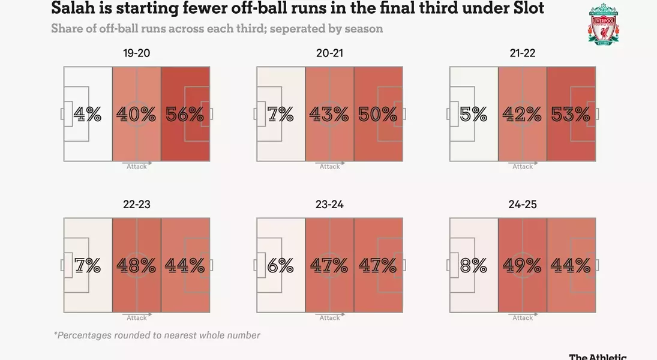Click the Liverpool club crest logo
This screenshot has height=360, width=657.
pyautogui.click(x=604, y=23)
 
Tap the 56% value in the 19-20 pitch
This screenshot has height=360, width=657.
pyautogui.click(x=185, y=114)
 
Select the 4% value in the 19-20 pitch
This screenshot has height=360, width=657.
pyautogui.click(x=88, y=114)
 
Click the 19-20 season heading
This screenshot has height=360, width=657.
pyautogui.click(x=136, y=53)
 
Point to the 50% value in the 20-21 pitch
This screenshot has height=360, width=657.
pyautogui.click(x=378, y=114)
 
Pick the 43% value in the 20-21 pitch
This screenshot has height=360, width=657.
pyautogui.click(x=329, y=114)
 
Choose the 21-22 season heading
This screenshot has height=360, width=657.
pyautogui.click(x=523, y=53)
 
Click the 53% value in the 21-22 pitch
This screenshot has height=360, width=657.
pyautogui.click(x=571, y=114)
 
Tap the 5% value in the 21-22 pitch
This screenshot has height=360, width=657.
pyautogui.click(x=474, y=114)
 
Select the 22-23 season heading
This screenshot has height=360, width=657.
pyautogui.click(x=136, y=205)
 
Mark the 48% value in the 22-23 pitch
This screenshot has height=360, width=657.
pyautogui.click(x=136, y=265)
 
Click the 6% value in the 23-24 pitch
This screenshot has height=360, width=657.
pyautogui.click(x=281, y=265)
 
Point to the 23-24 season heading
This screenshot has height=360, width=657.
pyautogui.click(x=329, y=205)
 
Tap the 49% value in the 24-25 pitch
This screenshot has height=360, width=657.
pyautogui.click(x=523, y=265)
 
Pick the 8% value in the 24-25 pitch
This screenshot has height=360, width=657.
pyautogui.click(x=474, y=265)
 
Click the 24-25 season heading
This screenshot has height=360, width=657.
pyautogui.click(x=523, y=205)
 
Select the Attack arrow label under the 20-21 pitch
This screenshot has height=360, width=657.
pyautogui.click(x=329, y=167)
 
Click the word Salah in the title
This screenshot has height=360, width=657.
pyautogui.click(x=74, y=8)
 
